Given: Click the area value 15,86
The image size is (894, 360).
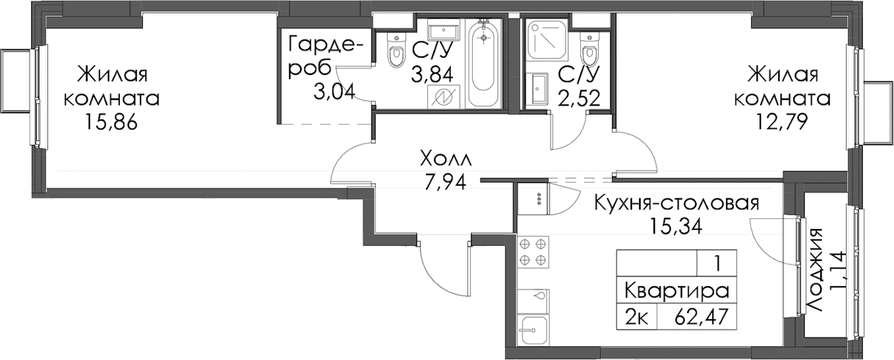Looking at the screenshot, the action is (111, 122).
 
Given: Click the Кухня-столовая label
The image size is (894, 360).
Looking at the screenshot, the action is (677, 203).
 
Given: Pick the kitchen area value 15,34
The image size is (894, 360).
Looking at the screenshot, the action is (676, 227).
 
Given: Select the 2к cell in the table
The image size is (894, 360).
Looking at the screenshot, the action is (636, 318).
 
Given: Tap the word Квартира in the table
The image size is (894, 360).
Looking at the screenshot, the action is (676, 292).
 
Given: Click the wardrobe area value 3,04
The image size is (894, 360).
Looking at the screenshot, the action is (334, 92).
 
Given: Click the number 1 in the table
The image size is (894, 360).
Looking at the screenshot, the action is (717, 264).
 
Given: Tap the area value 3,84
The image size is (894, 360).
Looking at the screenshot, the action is (433, 74).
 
